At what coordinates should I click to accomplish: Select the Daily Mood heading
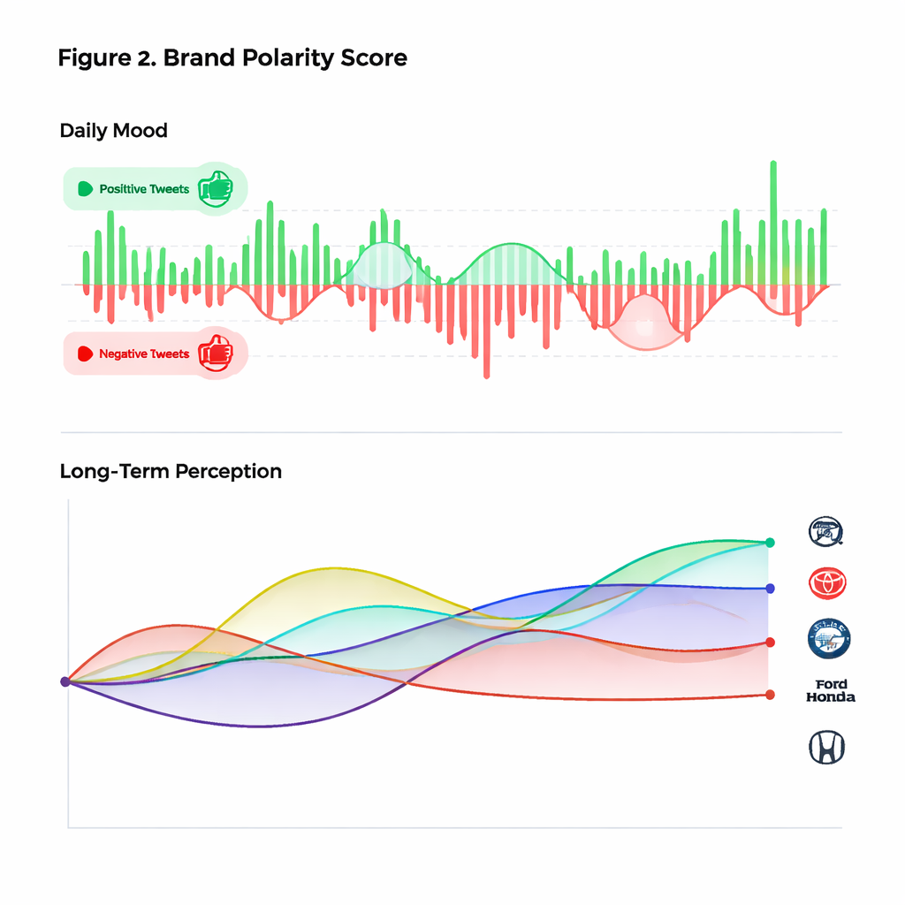[113, 131]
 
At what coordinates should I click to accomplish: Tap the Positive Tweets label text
[144, 189]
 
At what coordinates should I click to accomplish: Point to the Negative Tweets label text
[144, 354]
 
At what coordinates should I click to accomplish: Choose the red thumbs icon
[215, 353]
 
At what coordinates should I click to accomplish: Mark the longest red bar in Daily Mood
[486, 331]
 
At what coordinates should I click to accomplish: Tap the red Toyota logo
[827, 582]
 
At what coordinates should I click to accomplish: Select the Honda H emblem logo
[827, 748]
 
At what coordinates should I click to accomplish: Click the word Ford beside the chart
[831, 684]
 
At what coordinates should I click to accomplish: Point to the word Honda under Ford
[831, 697]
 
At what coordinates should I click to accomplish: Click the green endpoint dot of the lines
[771, 543]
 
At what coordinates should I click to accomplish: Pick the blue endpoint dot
[771, 588]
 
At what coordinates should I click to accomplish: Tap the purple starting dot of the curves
[65, 681]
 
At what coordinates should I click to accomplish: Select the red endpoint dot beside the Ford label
[770, 695]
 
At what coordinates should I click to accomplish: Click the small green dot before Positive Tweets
[86, 189]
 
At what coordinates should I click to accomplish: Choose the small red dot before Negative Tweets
[86, 354]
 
